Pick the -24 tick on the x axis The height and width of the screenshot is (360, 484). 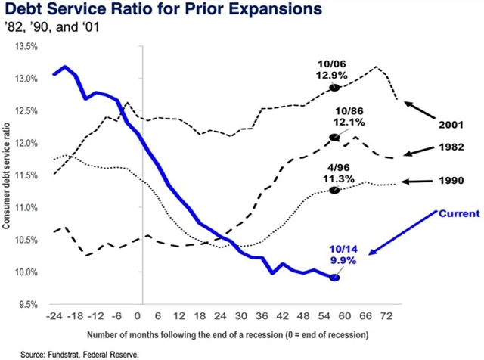[54, 315]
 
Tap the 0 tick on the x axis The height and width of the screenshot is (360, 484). [138, 315]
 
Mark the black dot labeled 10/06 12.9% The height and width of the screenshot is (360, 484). [334, 88]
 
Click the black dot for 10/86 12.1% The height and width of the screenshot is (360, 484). [334, 138]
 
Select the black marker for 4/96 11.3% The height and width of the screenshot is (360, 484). [334, 191]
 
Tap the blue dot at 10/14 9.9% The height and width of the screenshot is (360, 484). [334, 278]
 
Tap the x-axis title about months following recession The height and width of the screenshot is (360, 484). [238, 333]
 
